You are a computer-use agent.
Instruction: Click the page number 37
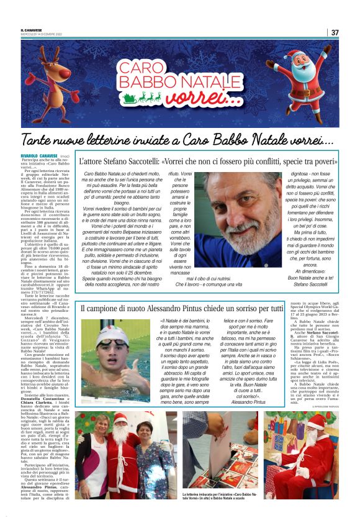335,32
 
